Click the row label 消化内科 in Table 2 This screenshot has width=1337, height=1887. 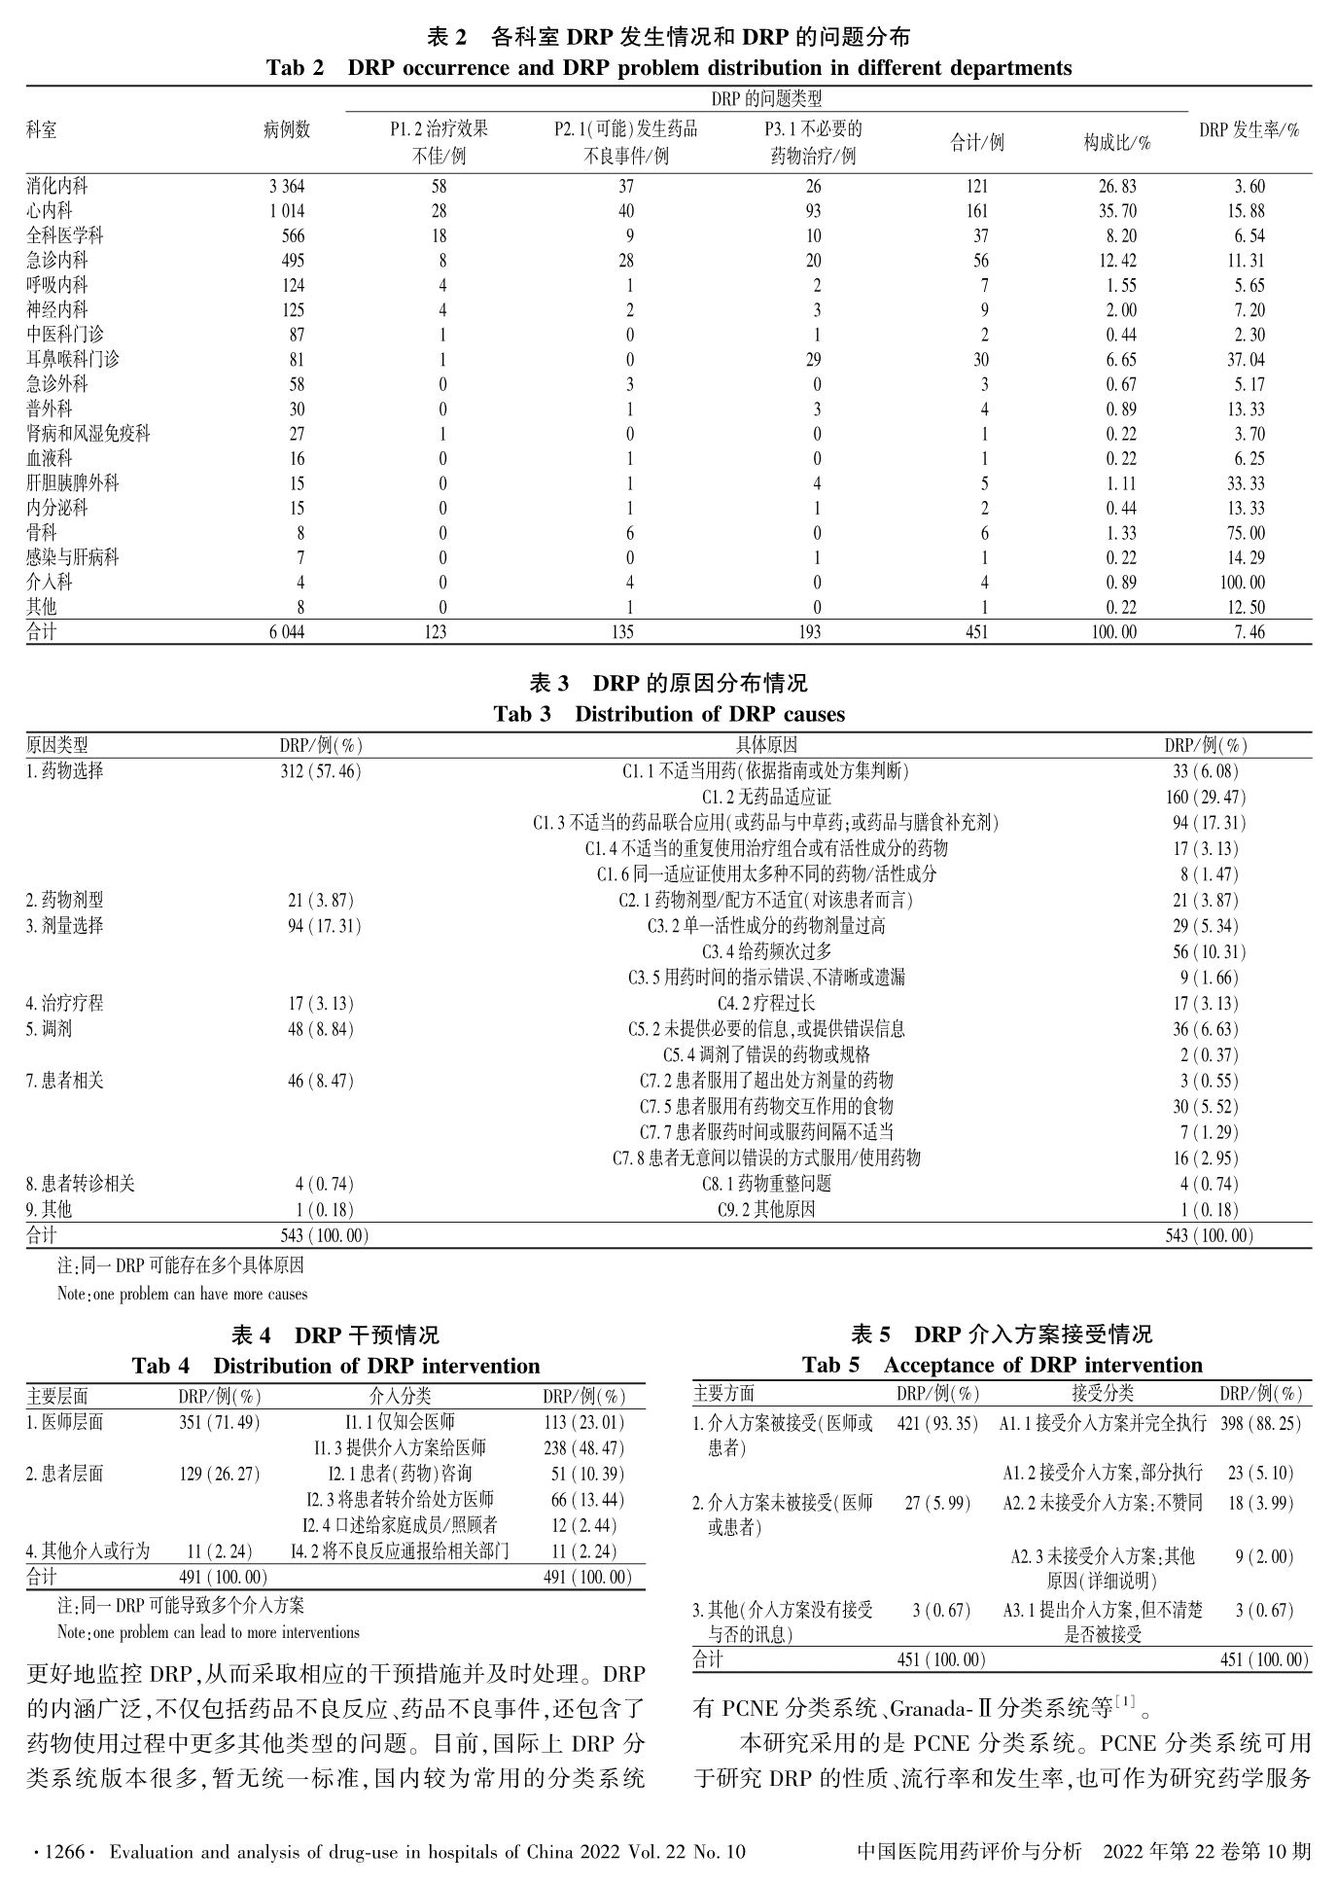coord(57,186)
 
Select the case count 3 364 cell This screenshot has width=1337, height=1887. coord(286,186)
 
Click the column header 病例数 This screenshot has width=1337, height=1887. coord(286,130)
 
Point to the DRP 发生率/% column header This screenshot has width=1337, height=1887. coord(1249,130)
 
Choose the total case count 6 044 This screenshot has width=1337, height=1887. coord(286,632)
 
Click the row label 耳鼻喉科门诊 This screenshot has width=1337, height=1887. coord(73,360)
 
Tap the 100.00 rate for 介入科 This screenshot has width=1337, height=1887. coord(1245,583)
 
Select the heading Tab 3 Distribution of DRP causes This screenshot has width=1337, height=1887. coord(668,714)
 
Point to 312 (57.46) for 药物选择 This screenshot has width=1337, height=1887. coord(320,771)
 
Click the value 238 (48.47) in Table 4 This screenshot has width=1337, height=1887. coord(583,1448)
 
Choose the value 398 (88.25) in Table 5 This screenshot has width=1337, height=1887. coord(1260,1423)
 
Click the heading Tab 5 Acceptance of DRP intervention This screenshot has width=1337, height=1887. coord(1002,1366)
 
